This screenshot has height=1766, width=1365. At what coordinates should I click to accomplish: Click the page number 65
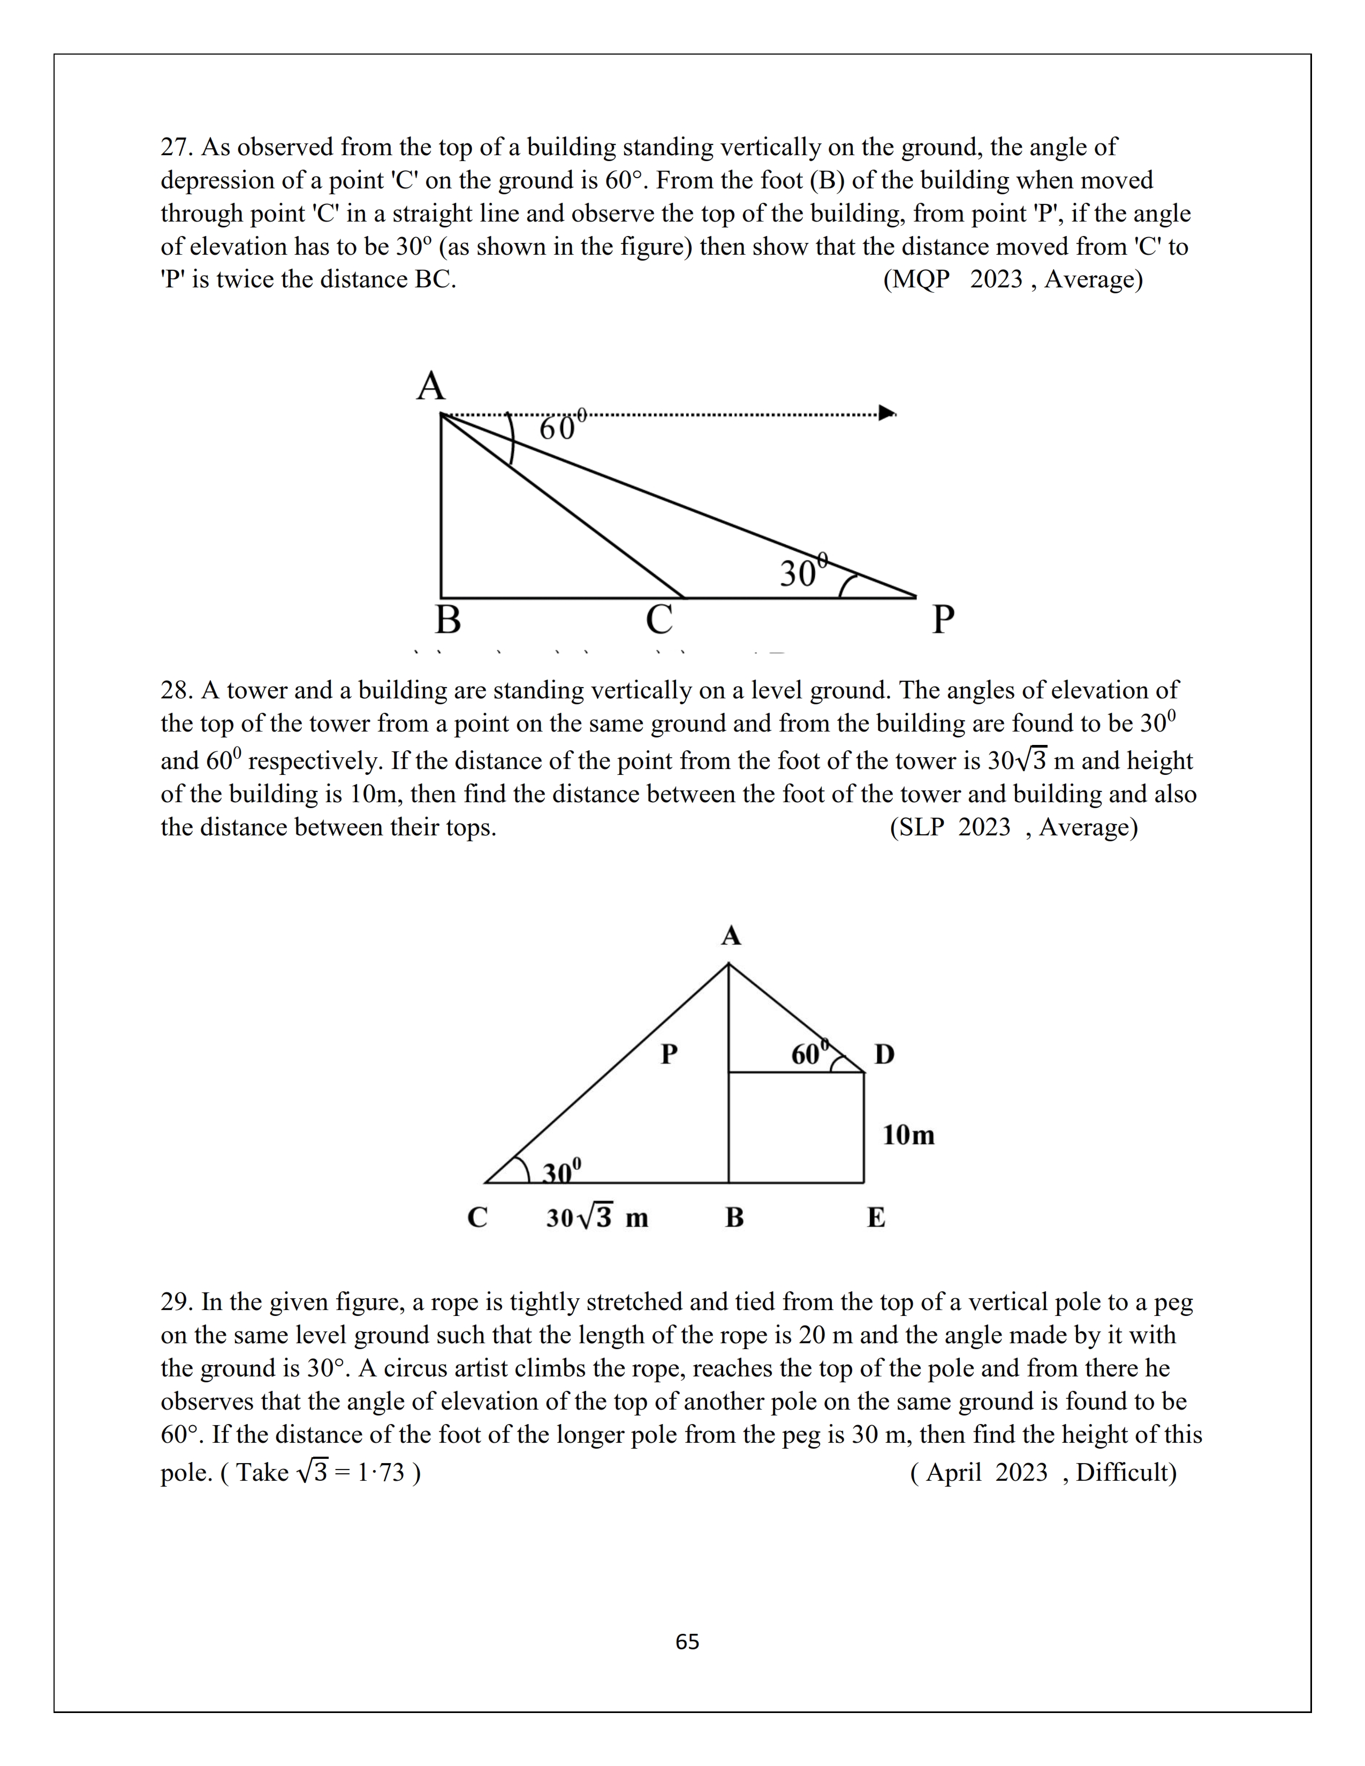tap(687, 1641)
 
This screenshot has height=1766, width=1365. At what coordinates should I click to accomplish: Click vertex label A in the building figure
tap(431, 386)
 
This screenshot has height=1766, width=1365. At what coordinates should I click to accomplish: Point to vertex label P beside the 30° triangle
tap(943, 620)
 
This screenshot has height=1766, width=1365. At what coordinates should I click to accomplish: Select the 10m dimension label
tap(908, 1135)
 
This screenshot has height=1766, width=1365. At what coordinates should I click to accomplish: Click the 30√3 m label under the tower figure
tap(597, 1218)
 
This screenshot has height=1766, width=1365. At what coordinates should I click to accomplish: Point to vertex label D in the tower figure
tap(885, 1054)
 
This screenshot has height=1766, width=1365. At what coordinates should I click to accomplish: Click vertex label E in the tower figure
tap(876, 1218)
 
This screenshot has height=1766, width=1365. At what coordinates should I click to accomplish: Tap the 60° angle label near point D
tap(809, 1054)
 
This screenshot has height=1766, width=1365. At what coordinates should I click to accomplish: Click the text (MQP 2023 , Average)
tap(1012, 280)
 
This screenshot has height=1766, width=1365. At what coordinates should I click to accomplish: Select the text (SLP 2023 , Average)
tap(1013, 827)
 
